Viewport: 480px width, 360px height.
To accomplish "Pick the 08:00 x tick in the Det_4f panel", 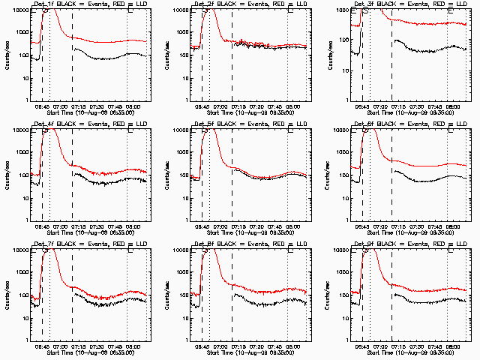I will pyautogui.click(x=133, y=226).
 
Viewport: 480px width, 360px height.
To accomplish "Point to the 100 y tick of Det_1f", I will pyautogui.click(x=22, y=55).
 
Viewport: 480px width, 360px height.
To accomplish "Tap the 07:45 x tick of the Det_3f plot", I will pyautogui.click(x=436, y=106).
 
